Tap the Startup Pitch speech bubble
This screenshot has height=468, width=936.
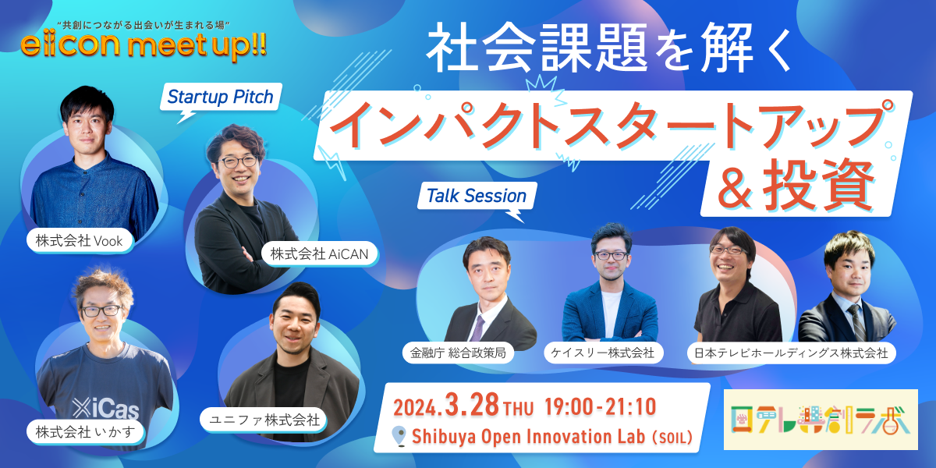[x=221, y=97]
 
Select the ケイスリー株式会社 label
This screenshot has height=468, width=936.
[x=603, y=353]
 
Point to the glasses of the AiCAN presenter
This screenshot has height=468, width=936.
[x=238, y=161]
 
